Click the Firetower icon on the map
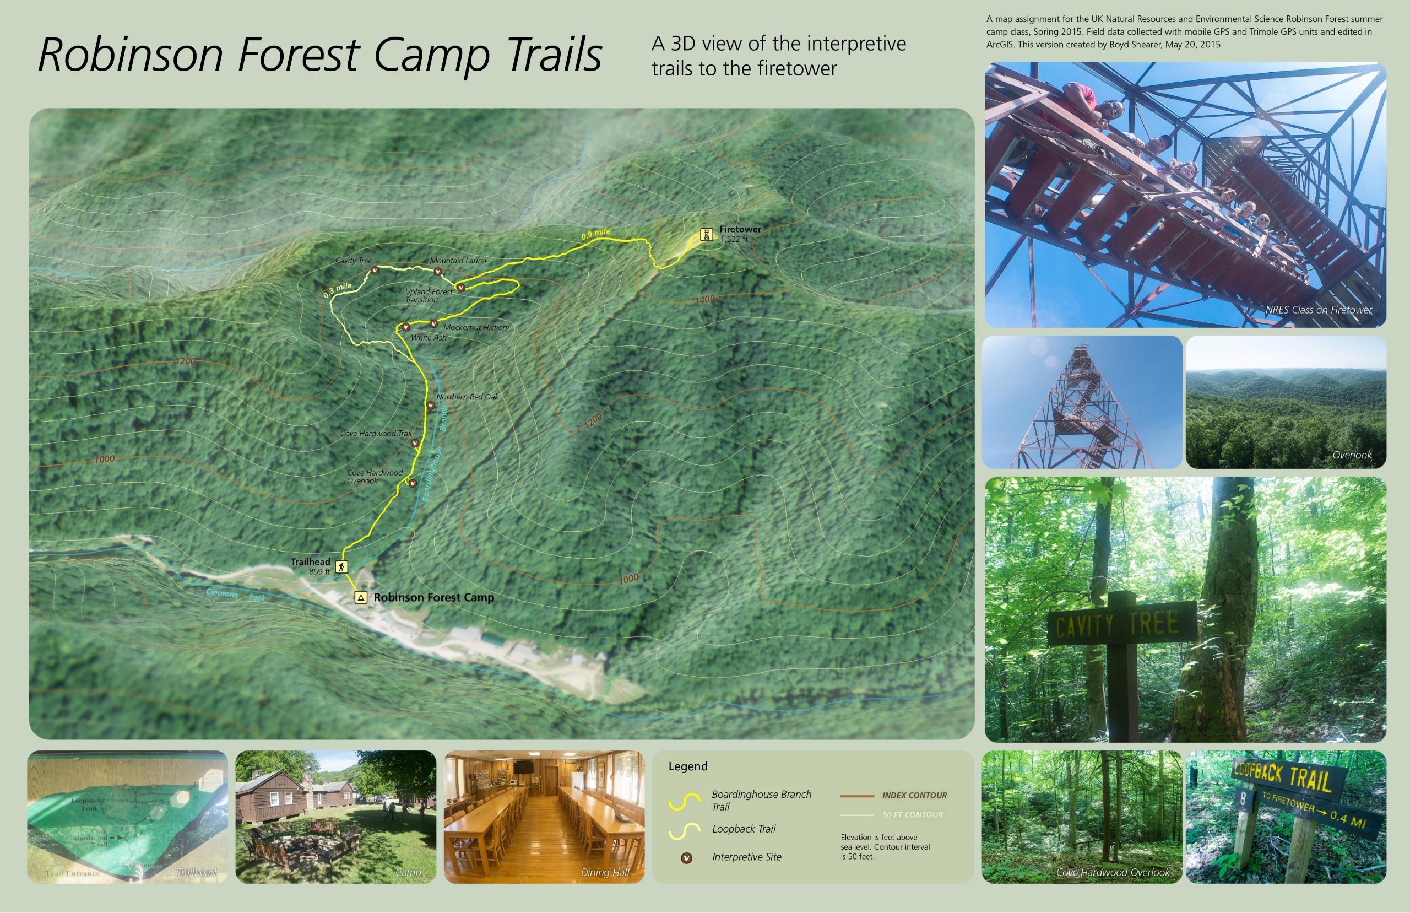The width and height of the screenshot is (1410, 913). [706, 234]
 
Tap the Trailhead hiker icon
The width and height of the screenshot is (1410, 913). [341, 566]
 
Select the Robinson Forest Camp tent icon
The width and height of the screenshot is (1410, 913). [360, 597]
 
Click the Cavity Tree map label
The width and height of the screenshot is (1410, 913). [354, 260]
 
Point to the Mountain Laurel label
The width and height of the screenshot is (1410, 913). [458, 260]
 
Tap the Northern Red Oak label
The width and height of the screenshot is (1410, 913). [468, 397]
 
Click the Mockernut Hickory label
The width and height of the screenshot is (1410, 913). [476, 327]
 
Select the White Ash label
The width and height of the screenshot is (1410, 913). [429, 338]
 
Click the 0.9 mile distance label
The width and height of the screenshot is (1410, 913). [595, 234]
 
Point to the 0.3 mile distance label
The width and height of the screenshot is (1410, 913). [338, 289]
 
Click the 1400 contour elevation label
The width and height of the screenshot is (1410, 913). [704, 300]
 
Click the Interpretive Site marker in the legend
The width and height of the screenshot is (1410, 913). [686, 858]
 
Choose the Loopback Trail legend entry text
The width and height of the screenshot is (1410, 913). [744, 829]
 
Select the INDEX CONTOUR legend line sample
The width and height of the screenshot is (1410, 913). [856, 796]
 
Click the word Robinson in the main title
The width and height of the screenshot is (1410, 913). [131, 55]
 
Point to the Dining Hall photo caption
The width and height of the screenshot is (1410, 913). [604, 872]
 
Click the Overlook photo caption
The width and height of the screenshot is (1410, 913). [1352, 455]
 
